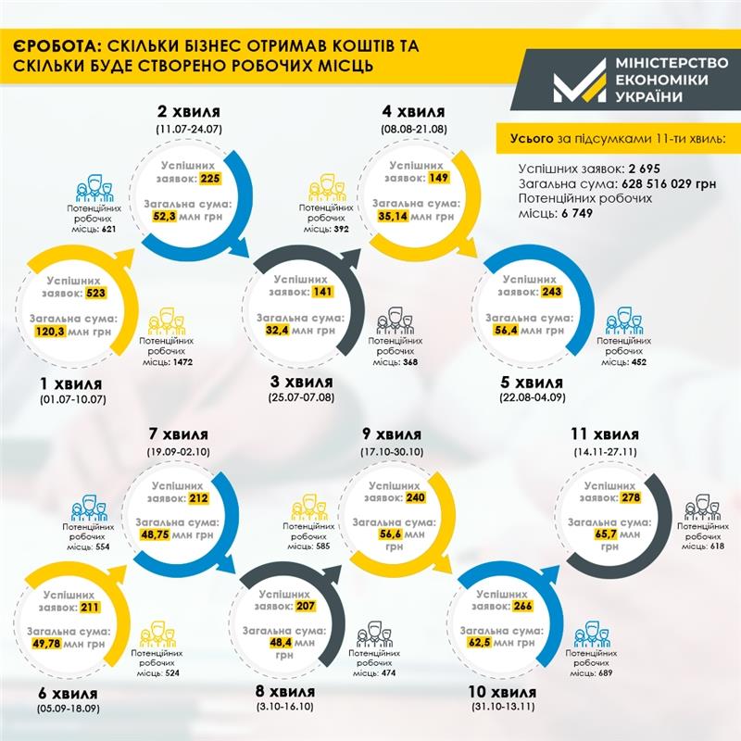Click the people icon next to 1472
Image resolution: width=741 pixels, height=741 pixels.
[x=168, y=321]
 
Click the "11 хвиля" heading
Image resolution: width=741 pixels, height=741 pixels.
[x=605, y=434]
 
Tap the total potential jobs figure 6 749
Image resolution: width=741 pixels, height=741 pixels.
[x=574, y=214]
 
